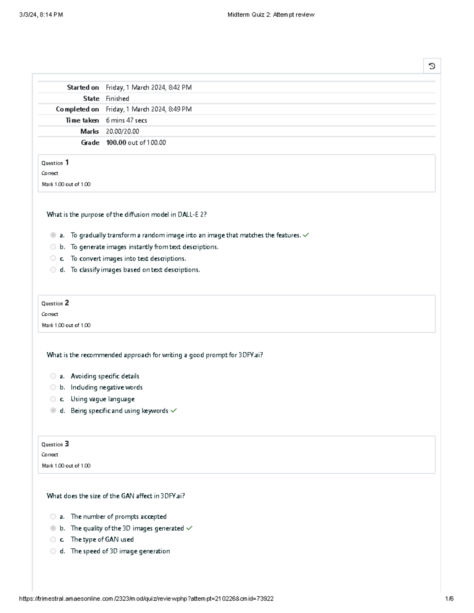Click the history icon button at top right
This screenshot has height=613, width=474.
[x=432, y=66]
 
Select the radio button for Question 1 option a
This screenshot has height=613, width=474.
[x=53, y=235]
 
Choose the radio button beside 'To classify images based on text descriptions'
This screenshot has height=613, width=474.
[x=53, y=270]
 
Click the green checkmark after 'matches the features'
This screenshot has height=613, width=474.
[x=306, y=235]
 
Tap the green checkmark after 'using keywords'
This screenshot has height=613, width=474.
[x=173, y=411]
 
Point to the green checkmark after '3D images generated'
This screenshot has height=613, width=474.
[x=189, y=528]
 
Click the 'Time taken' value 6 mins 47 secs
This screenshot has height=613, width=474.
[x=126, y=120]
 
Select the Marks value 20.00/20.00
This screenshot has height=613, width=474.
[x=122, y=131]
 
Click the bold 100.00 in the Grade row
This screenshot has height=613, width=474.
[x=116, y=142]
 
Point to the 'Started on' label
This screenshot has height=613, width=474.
[x=83, y=88]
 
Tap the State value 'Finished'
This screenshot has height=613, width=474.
[x=117, y=99]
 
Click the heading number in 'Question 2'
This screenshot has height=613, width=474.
[x=67, y=303]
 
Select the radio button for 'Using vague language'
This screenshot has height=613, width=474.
[x=53, y=399]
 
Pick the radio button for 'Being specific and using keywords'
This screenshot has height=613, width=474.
[x=53, y=411]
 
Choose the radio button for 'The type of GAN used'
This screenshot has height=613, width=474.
[x=53, y=540]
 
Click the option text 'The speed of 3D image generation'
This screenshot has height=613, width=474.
[x=120, y=551]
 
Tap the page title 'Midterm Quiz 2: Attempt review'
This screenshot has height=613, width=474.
[x=271, y=15]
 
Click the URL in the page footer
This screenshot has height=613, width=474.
[x=146, y=598]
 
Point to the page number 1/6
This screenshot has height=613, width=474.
[x=449, y=598]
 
